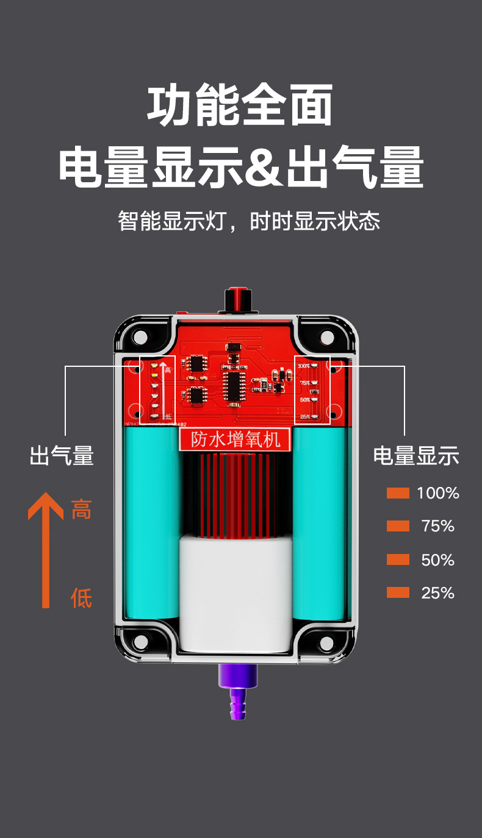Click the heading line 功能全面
[x=240, y=105]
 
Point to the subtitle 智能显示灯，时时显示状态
[x=249, y=221]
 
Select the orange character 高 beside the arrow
[x=81, y=509]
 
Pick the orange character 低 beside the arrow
[x=81, y=598]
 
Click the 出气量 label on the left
[x=62, y=456]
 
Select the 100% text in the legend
[x=437, y=493]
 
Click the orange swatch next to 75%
[x=398, y=526]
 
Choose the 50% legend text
[x=437, y=559]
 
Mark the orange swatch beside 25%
[x=398, y=592]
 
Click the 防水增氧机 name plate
[x=236, y=439]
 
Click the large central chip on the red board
[x=234, y=388]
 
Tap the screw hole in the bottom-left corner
[x=141, y=642]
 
